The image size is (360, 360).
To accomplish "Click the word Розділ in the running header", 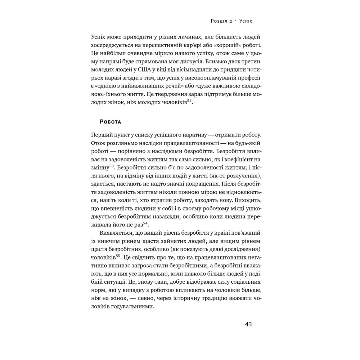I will pyautogui.click(x=219, y=21).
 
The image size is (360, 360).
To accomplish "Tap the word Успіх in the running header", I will pyautogui.click(x=246, y=21).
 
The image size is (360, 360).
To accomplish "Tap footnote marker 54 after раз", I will pyautogui.click(x=145, y=223).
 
